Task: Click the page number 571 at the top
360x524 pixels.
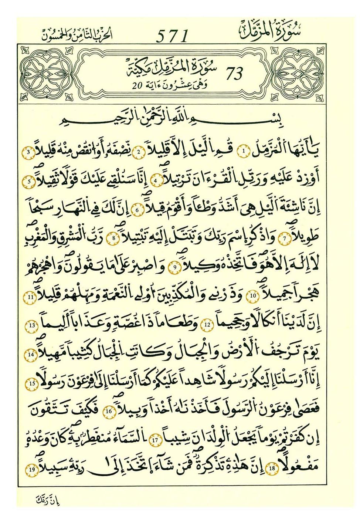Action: click(173, 36)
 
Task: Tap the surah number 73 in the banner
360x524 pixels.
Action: click(234, 74)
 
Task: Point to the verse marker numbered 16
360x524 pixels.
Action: click(109, 411)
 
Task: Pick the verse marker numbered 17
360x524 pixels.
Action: click(155, 440)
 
